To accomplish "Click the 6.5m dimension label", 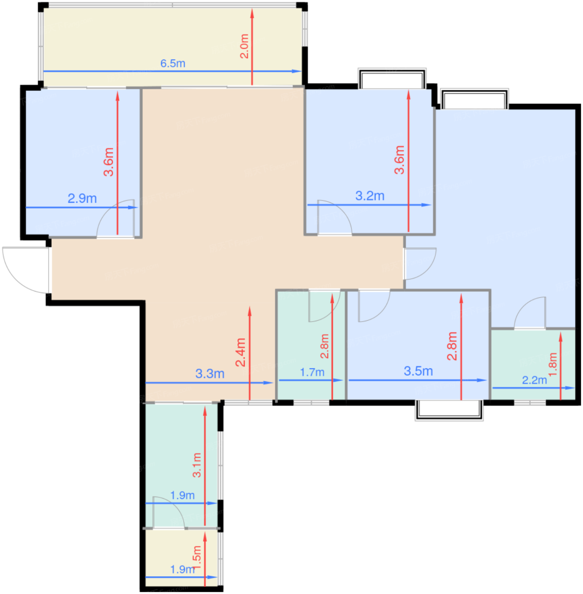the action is [x=173, y=64].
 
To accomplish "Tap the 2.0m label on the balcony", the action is [x=244, y=46].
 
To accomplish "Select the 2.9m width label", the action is [x=82, y=198].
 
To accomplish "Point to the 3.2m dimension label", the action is [x=370, y=196].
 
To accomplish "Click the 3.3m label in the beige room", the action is [x=210, y=374].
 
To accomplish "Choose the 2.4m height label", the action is [x=241, y=352].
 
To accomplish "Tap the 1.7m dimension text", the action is [x=312, y=373].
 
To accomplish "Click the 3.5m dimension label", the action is [x=418, y=371].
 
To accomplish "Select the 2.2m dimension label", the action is [x=534, y=380].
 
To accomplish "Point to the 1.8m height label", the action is [x=553, y=364].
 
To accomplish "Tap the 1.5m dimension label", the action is [x=197, y=558].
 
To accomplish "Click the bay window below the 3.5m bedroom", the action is [x=449, y=410].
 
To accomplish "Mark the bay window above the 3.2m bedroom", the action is [x=392, y=78].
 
